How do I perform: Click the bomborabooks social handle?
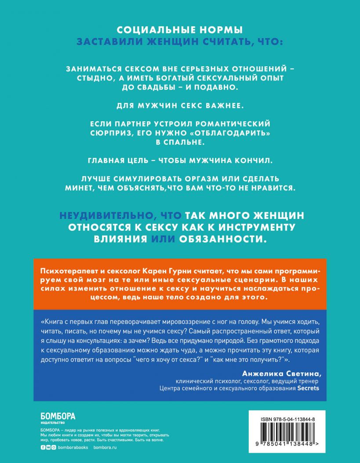73,447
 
